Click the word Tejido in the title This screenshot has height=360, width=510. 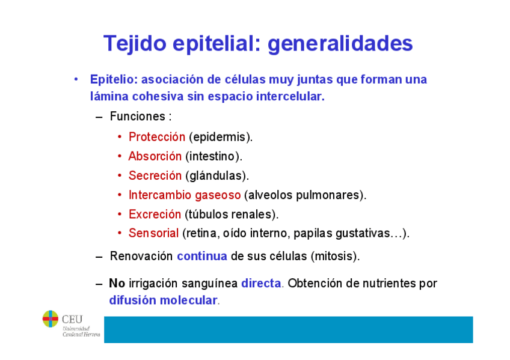[x=135, y=43]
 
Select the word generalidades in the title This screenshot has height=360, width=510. [x=340, y=43]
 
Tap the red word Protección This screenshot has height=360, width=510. [x=157, y=137]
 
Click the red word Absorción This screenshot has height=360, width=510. [x=155, y=156]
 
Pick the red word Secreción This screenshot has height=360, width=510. [x=155, y=175]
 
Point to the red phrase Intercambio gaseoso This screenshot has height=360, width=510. [x=185, y=195]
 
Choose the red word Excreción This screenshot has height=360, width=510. [x=155, y=214]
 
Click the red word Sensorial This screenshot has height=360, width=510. [x=153, y=233]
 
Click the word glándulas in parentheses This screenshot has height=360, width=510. [x=215, y=175]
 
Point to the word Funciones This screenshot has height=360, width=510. [x=137, y=117]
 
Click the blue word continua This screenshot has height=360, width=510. [x=202, y=256]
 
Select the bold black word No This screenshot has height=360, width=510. [x=117, y=283]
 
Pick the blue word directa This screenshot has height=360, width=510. [x=261, y=283]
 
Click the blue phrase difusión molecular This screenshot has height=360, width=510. [x=163, y=301]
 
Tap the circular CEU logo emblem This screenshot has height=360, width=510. [x=51, y=319]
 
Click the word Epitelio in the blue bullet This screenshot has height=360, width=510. [x=114, y=79]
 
